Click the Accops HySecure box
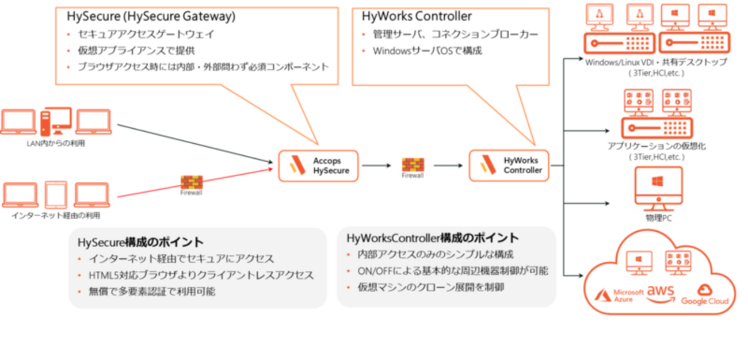[318, 166]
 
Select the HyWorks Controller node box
[509, 166]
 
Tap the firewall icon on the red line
[192, 182]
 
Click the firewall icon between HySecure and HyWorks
[413, 165]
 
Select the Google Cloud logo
[705, 294]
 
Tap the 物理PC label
[658, 218]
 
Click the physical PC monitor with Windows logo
[658, 189]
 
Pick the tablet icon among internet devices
[56, 195]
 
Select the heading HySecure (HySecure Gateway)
[151, 16]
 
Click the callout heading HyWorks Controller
[417, 16]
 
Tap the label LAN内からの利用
[56, 143]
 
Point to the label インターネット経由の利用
[56, 216]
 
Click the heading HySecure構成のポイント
[140, 242]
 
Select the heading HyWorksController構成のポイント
[433, 238]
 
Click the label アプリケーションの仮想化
[657, 146]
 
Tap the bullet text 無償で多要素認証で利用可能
[152, 292]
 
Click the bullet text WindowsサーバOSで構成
[428, 51]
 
